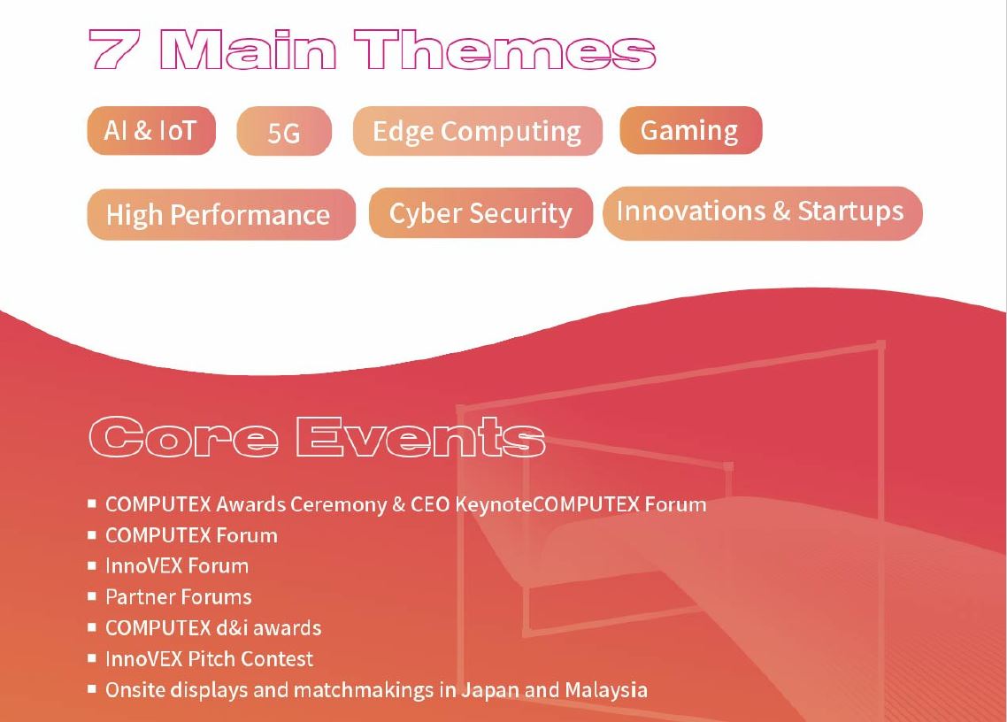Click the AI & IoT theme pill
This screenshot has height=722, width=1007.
click(151, 130)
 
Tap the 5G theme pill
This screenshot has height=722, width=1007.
click(284, 132)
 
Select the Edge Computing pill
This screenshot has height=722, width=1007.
click(477, 132)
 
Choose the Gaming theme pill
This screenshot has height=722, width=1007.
click(690, 130)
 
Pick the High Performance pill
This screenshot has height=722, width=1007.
click(221, 214)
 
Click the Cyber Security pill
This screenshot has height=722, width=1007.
click(480, 213)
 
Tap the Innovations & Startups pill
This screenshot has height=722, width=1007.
click(762, 212)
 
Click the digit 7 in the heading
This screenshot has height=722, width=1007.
click(112, 49)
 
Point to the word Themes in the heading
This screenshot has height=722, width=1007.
click(504, 49)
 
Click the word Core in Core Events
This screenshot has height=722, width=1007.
click(184, 437)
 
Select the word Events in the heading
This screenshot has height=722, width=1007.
click(420, 437)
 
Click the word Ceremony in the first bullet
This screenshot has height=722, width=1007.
click(339, 504)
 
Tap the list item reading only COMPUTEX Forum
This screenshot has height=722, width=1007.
click(191, 535)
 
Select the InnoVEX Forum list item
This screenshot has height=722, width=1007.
click(177, 566)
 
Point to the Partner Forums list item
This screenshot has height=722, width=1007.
click(179, 596)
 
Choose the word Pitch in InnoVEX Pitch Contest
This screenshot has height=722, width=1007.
click(212, 658)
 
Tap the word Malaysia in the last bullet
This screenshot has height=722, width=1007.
click(606, 690)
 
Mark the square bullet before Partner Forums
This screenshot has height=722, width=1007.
click(92, 596)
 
